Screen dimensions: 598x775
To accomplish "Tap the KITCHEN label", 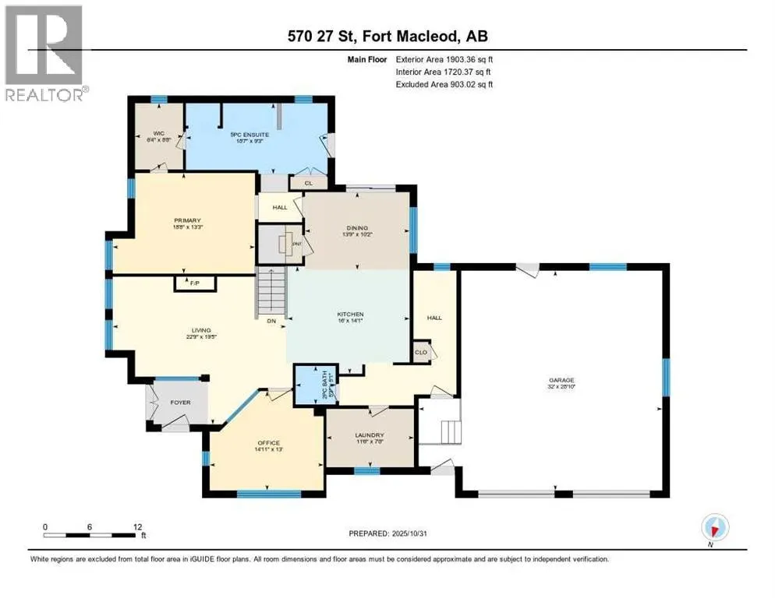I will [x=351, y=315].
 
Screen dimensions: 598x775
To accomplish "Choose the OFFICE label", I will [x=267, y=443].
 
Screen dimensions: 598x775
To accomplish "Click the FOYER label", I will [x=180, y=403].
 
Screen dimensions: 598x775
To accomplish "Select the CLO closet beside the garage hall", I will [x=422, y=350].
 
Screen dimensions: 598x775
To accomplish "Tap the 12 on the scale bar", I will [x=137, y=526].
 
